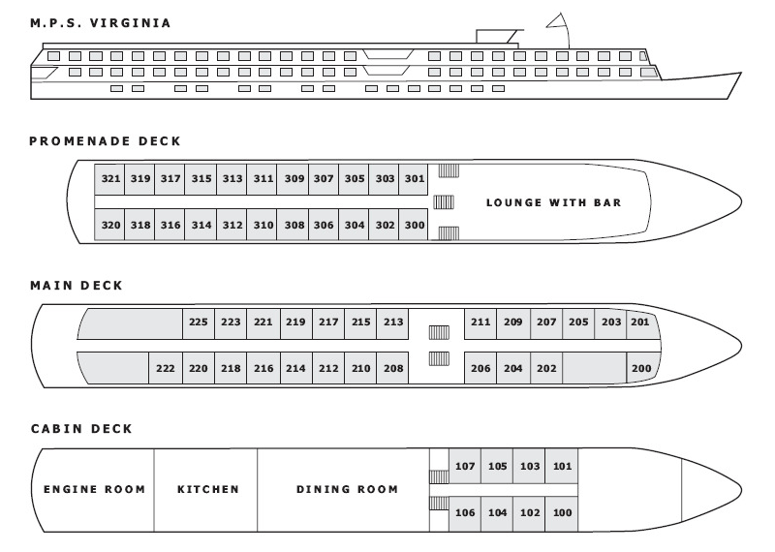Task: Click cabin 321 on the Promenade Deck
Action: [x=109, y=179]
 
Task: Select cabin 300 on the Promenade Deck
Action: [x=414, y=225]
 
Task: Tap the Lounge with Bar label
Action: [x=553, y=202]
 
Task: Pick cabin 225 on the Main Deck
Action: [x=199, y=322]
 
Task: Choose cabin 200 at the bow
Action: [x=643, y=368]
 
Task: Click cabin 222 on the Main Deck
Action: [x=166, y=368]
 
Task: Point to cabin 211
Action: [x=480, y=322]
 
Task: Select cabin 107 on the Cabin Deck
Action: [x=465, y=466]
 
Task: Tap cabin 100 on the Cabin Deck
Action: [x=562, y=513]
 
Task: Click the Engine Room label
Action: [x=94, y=490]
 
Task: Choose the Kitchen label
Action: [x=208, y=490]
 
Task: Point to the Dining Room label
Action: [x=347, y=490]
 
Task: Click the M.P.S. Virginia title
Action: [x=101, y=23]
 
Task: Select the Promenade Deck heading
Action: [x=106, y=141]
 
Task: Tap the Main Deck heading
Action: [x=77, y=286]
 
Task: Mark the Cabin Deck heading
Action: [x=81, y=428]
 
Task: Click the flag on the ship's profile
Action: [x=556, y=21]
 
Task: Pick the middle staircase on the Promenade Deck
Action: [x=444, y=202]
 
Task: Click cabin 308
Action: [x=294, y=225]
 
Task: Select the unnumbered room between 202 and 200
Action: [x=595, y=368]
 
